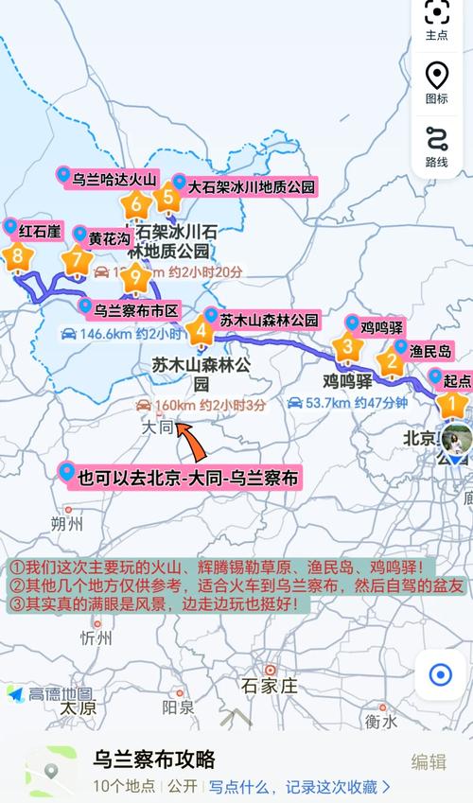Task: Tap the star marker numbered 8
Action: pyautogui.click(x=17, y=255)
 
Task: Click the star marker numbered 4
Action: pyautogui.click(x=200, y=332)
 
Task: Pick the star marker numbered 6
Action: pyautogui.click(x=136, y=203)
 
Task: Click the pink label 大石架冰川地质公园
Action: pyautogui.click(x=251, y=187)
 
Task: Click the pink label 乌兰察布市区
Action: pyautogui.click(x=135, y=309)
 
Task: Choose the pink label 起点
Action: pyautogui.click(x=456, y=379)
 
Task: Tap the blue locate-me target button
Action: pyautogui.click(x=440, y=674)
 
